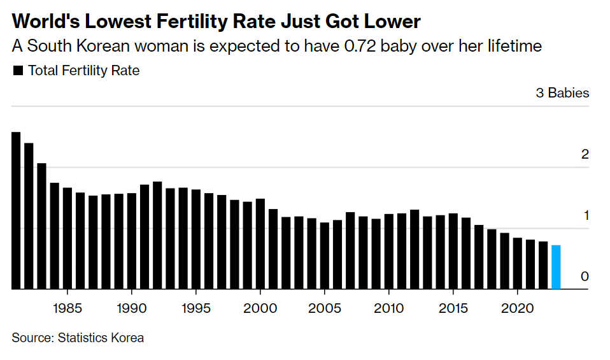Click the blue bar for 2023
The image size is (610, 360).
556,267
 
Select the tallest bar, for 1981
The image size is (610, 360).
17,210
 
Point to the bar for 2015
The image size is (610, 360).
453,251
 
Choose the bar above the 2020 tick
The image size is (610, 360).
518,264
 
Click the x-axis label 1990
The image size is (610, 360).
132,308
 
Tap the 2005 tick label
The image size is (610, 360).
325,308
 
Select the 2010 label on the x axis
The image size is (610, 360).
389,308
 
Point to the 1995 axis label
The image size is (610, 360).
196,308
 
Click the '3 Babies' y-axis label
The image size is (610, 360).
562,93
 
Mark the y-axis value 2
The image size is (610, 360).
585,155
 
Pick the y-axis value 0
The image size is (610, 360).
585,277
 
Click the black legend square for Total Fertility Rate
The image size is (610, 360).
18,71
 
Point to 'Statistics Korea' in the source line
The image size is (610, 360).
101,338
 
